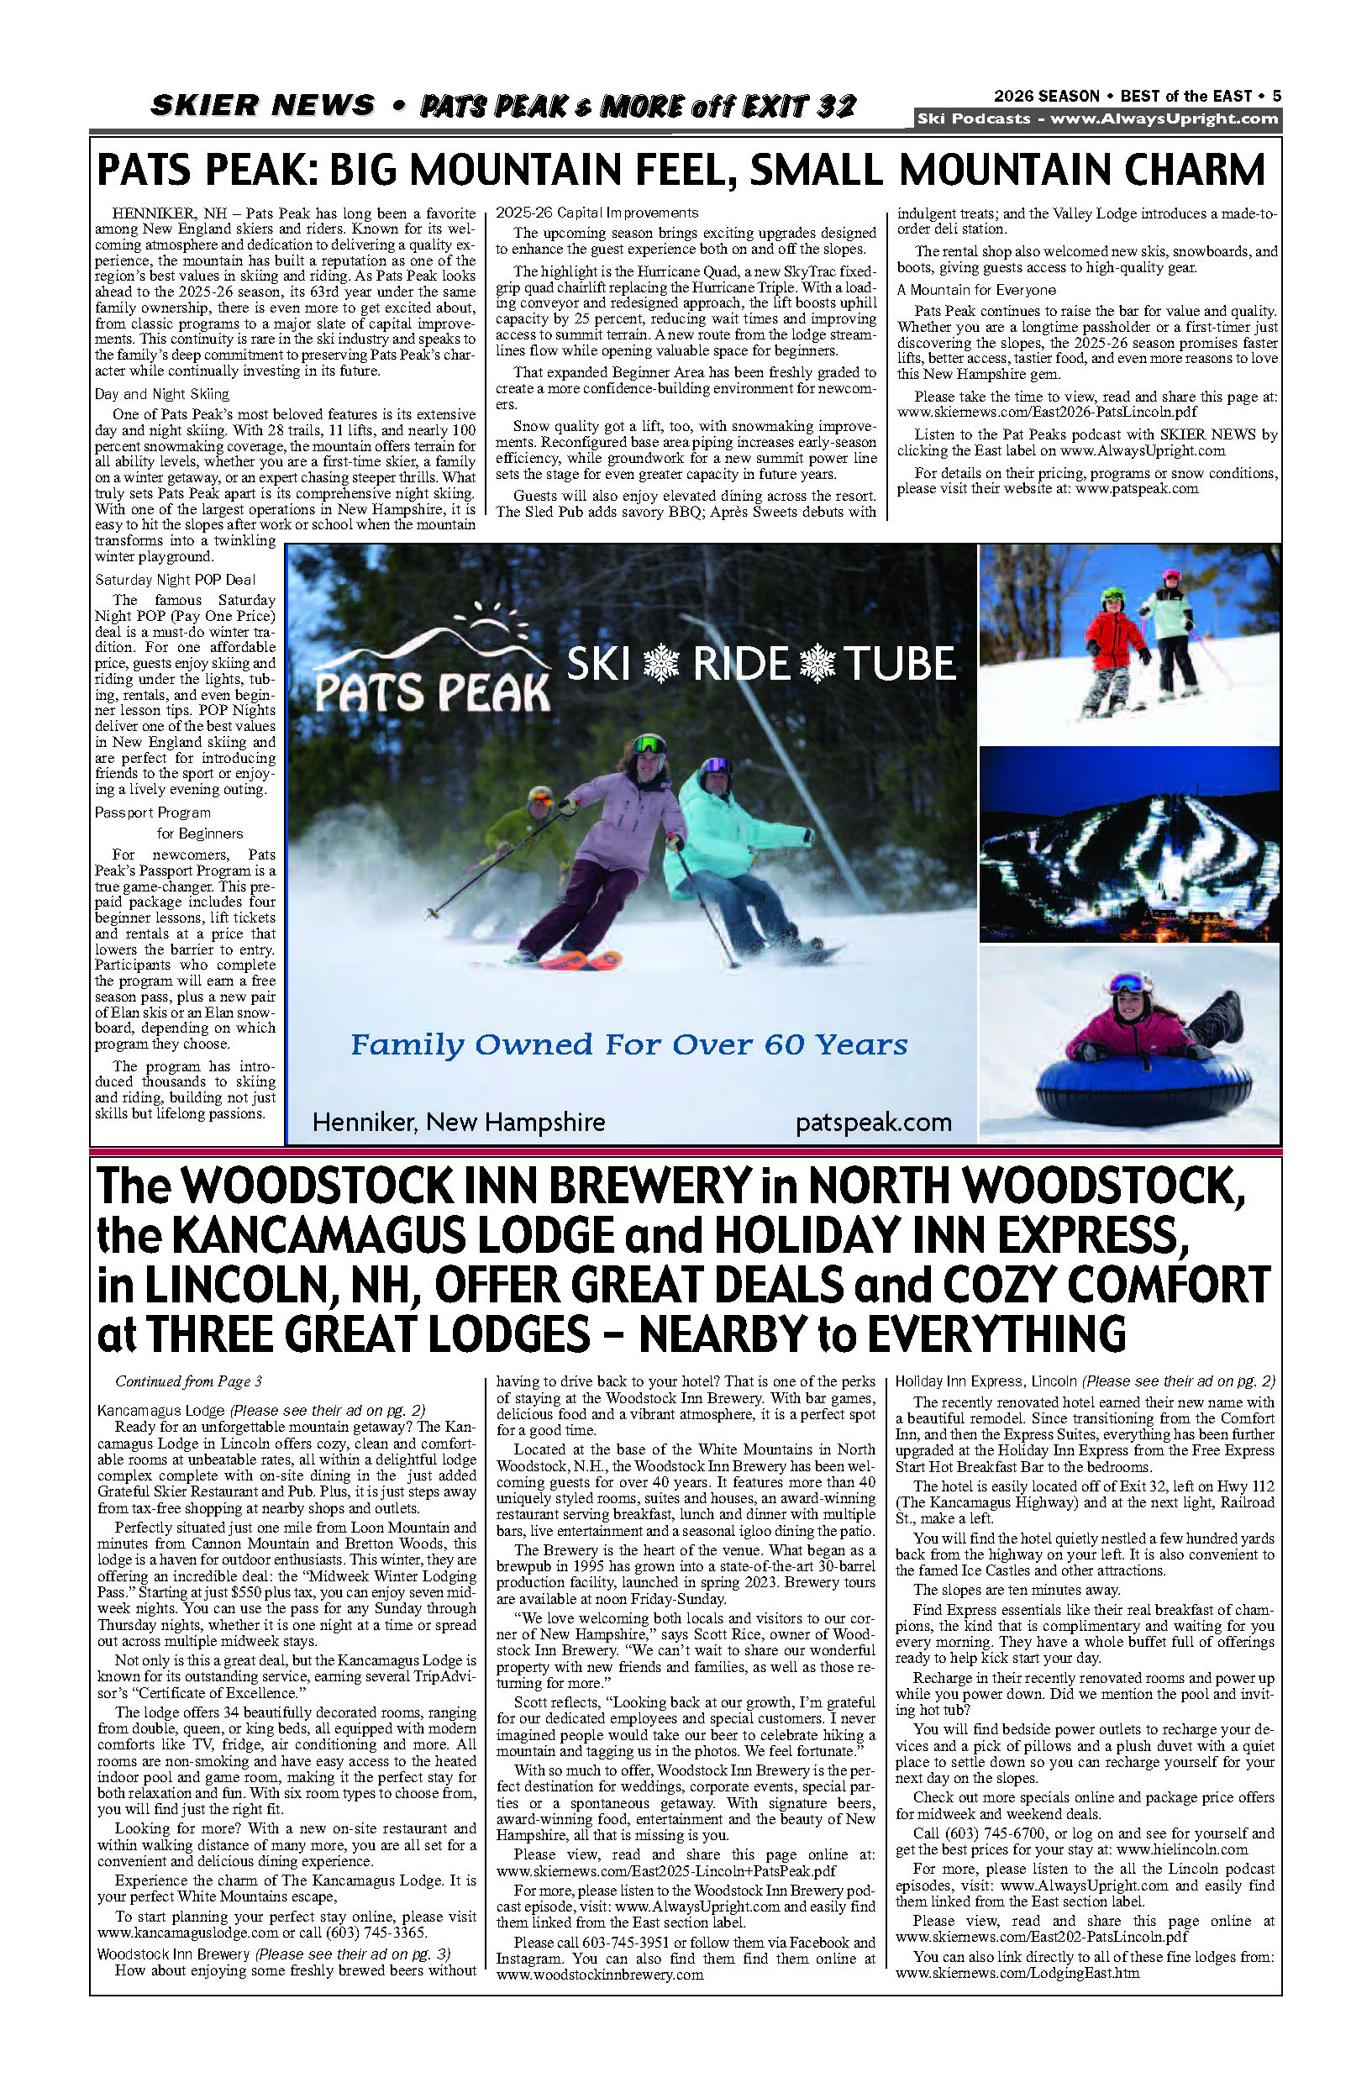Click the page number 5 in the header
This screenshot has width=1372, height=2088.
[1276, 97]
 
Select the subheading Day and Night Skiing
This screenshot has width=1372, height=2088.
[162, 395]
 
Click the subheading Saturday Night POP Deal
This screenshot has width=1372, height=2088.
[176, 580]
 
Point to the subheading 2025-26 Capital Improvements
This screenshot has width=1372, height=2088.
[597, 213]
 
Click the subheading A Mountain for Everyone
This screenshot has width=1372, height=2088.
[975, 291]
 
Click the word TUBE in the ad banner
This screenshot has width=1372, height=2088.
[900, 664]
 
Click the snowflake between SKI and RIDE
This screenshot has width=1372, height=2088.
[661, 664]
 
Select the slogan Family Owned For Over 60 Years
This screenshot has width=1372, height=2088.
[629, 1045]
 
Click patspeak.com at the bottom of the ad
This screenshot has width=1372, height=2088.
[873, 1123]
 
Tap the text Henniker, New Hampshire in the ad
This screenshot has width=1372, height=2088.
[459, 1123]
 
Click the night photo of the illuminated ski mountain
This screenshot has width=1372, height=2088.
[1130, 844]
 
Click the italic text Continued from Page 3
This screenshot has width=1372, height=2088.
[188, 1381]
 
